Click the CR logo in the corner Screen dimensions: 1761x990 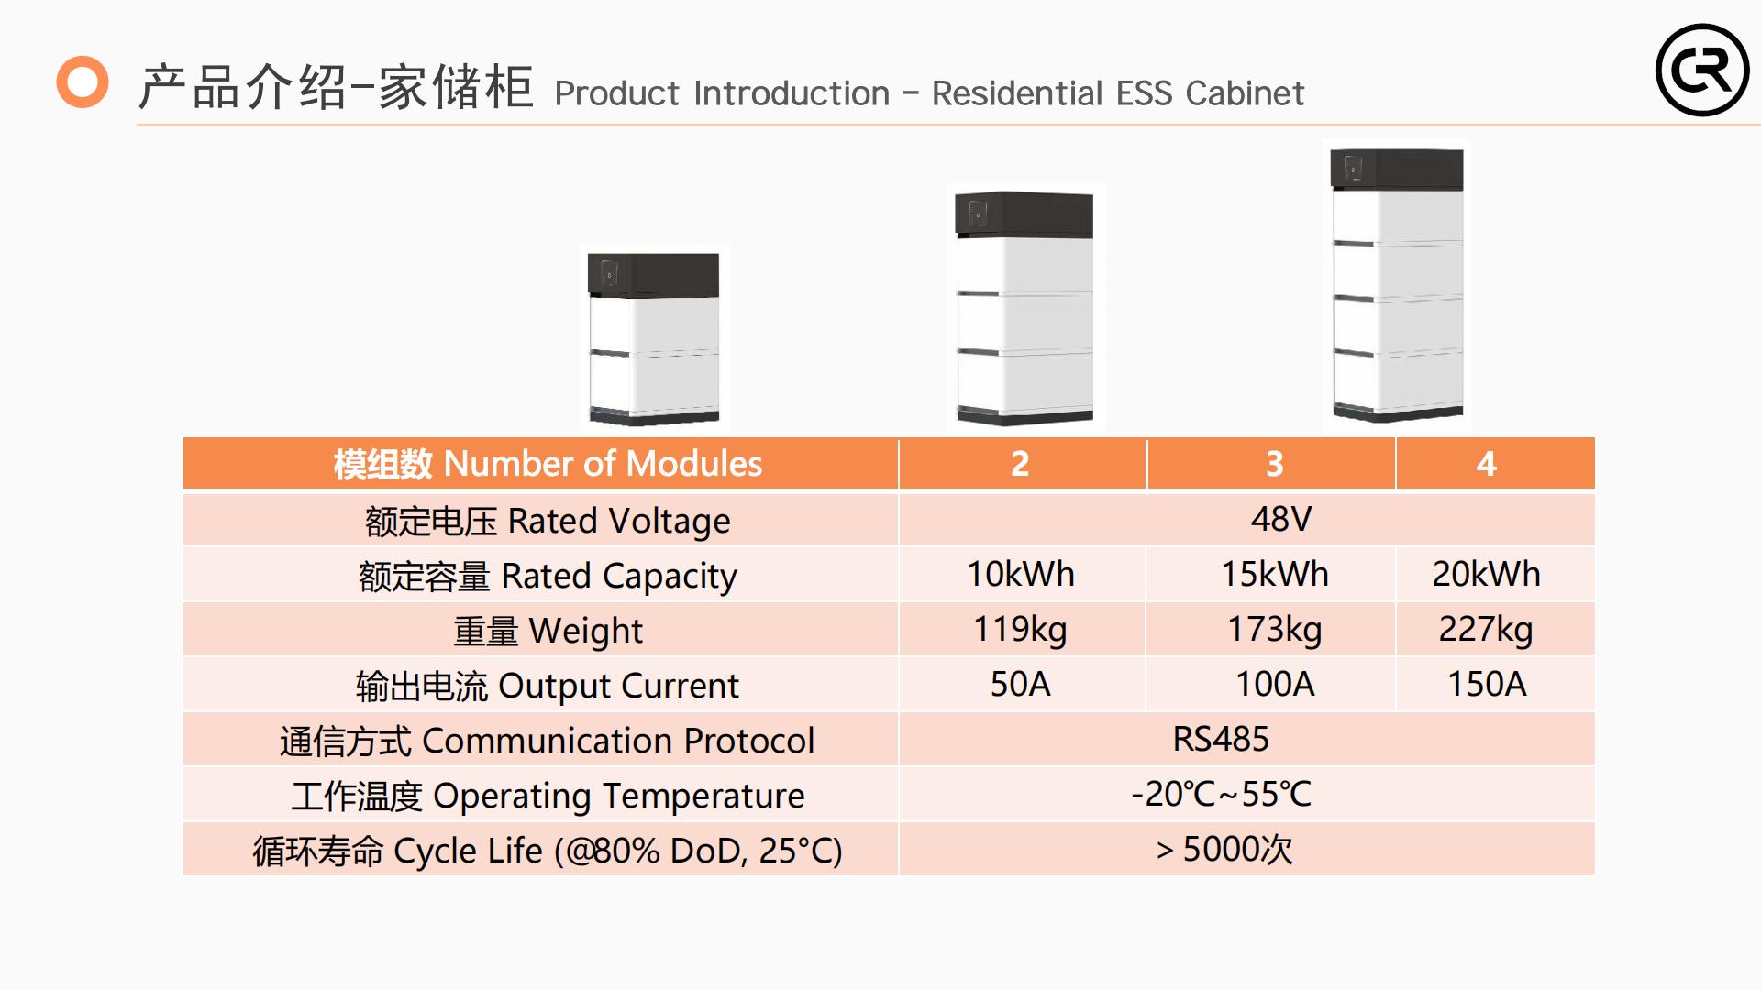click(1702, 70)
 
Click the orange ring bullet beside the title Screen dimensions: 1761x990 click(83, 82)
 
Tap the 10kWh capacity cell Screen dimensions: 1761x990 click(1021, 574)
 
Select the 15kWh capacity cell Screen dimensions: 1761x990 click(1274, 574)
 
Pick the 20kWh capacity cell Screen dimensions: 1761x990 click(1486, 574)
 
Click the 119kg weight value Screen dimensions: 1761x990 click(1020, 630)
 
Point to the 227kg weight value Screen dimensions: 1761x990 click(1486, 630)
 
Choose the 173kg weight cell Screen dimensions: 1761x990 click(1274, 630)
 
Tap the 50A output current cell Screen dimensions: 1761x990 click(1020, 684)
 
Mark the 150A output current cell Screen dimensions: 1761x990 click(1487, 684)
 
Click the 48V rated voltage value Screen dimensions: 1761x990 click(1281, 519)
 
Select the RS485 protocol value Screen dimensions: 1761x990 click(1221, 739)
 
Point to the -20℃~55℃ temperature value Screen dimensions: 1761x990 click(1221, 794)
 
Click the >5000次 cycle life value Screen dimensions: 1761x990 click(1224, 850)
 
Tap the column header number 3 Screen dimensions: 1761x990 click(1274, 464)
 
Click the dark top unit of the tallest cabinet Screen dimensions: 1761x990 click(1397, 170)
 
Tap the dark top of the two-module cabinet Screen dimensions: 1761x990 click(653, 274)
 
